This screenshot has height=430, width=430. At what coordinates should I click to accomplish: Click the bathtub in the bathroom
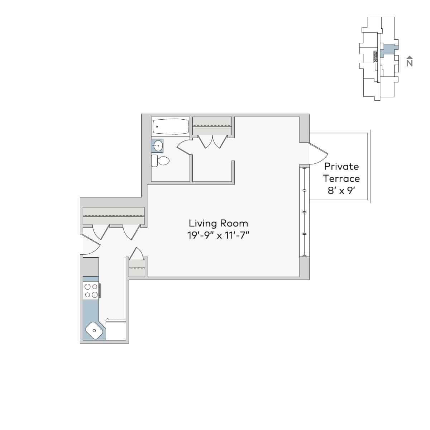pos(171,126)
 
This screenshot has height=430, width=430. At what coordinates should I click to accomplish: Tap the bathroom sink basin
pos(158,146)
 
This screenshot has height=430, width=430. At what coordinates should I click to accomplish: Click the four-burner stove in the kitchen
pos(91,291)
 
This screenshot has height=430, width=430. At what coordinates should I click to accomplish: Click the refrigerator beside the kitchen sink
pos(116,330)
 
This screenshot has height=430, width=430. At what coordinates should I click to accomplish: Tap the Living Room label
pos(218,223)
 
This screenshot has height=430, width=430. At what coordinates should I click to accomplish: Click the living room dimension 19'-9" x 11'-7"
pos(218,235)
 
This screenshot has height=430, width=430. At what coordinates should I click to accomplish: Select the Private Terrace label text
pos(341,172)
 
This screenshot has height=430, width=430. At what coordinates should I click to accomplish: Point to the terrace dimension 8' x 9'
pos(341,190)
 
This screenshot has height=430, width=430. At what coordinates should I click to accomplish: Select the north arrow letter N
pos(410,63)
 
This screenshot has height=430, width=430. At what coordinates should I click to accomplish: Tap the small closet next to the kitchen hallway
pos(137,268)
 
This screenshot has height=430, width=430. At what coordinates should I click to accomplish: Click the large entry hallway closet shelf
pos(114,216)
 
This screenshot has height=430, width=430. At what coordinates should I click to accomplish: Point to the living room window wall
pos(304,211)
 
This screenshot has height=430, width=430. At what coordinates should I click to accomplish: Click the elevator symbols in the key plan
pos(375,57)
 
